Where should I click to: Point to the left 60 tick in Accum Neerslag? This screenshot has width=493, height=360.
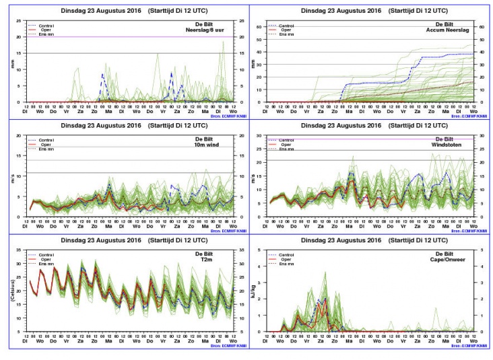click(261, 26)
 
